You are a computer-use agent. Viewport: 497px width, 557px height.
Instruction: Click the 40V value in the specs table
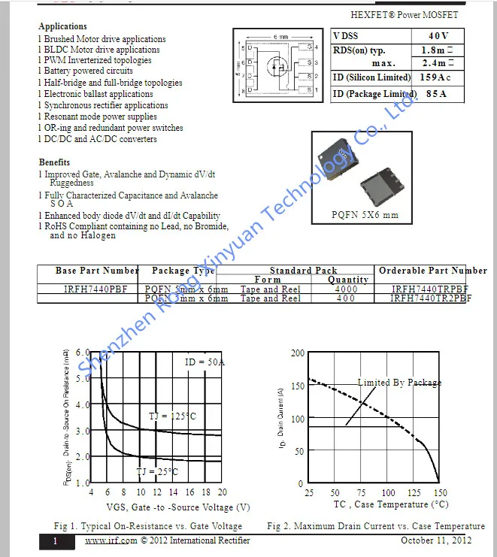click(438, 36)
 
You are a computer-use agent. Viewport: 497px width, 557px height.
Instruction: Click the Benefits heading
click(54, 162)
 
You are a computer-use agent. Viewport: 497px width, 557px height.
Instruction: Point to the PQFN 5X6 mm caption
click(365, 215)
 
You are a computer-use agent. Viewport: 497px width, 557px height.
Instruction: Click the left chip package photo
click(337, 159)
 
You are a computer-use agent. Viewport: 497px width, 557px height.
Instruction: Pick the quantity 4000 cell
click(346, 289)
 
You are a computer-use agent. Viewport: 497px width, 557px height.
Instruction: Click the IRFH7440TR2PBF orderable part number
click(431, 298)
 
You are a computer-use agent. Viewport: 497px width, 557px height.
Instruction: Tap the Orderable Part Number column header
click(432, 271)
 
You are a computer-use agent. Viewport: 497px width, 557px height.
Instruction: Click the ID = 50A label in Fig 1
click(205, 362)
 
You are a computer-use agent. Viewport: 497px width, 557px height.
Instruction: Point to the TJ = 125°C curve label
click(171, 416)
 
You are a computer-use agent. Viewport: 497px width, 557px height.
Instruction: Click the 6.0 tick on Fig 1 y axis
click(83, 352)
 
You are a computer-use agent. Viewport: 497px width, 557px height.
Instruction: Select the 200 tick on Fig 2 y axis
click(297, 353)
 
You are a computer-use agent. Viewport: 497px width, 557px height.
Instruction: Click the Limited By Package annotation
click(399, 383)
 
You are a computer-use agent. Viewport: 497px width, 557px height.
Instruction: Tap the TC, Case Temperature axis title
click(380, 505)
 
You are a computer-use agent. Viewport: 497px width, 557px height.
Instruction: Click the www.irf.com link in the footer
click(111, 540)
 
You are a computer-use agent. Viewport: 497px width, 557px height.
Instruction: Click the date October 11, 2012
click(436, 540)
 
